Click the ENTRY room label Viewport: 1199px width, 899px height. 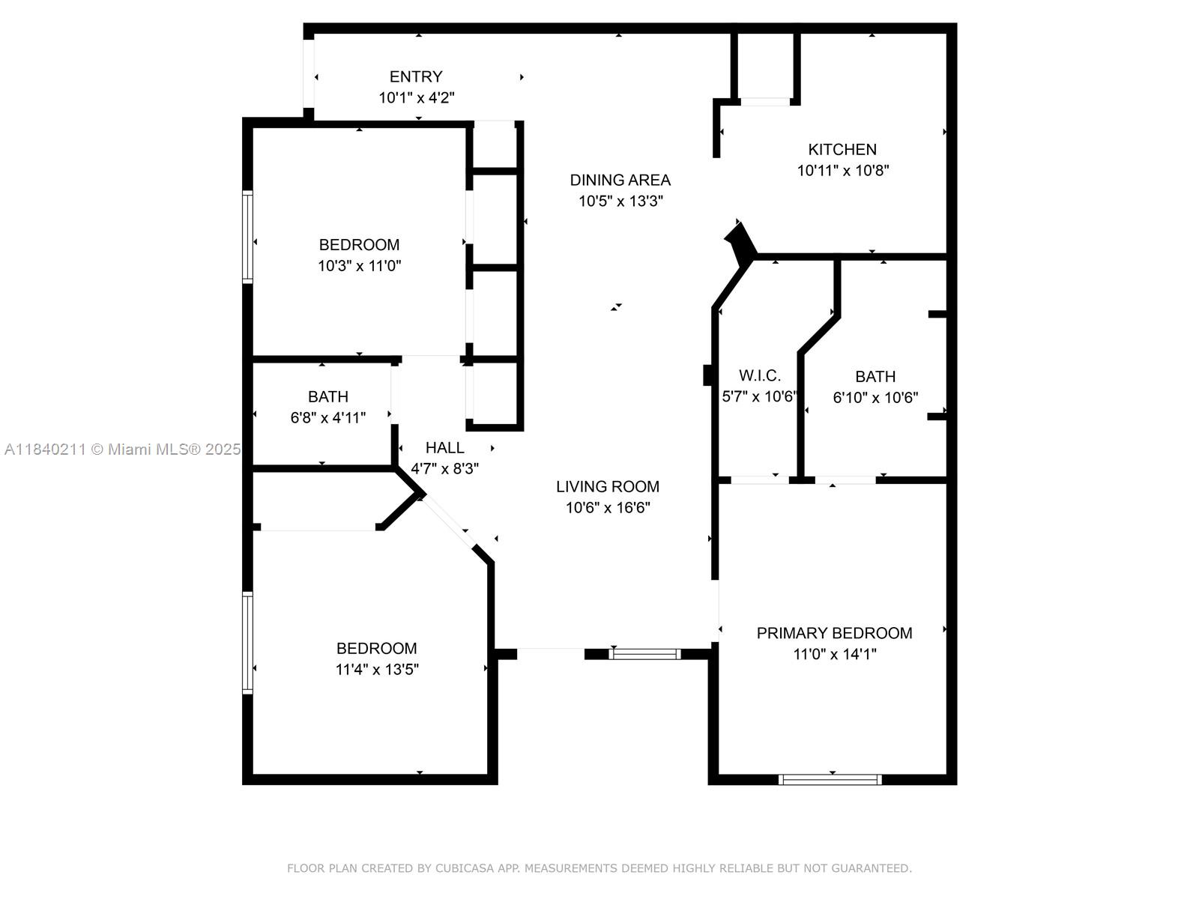click(x=416, y=76)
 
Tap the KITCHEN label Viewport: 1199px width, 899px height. click(x=842, y=149)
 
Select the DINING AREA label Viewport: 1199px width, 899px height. click(x=620, y=180)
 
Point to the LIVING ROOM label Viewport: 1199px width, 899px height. click(x=608, y=486)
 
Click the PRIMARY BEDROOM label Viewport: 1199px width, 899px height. click(x=834, y=633)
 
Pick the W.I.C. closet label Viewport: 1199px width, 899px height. click(x=760, y=375)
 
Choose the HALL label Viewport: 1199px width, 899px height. click(x=444, y=447)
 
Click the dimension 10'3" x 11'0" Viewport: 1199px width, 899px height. click(x=360, y=265)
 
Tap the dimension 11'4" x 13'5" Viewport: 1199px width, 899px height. click(x=377, y=669)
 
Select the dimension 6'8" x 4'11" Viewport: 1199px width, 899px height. click(x=328, y=417)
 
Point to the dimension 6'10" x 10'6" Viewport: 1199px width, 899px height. click(x=875, y=397)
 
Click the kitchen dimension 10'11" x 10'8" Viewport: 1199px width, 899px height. click(x=843, y=170)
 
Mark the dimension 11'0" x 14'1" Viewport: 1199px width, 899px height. click(x=835, y=654)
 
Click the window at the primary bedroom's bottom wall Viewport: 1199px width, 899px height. click(x=830, y=780)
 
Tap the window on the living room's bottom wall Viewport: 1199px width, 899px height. click(x=644, y=654)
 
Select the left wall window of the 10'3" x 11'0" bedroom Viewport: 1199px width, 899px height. click(x=247, y=236)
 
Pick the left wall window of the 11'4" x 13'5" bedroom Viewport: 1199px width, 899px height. click(x=247, y=642)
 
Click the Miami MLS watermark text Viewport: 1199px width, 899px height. click(x=123, y=449)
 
